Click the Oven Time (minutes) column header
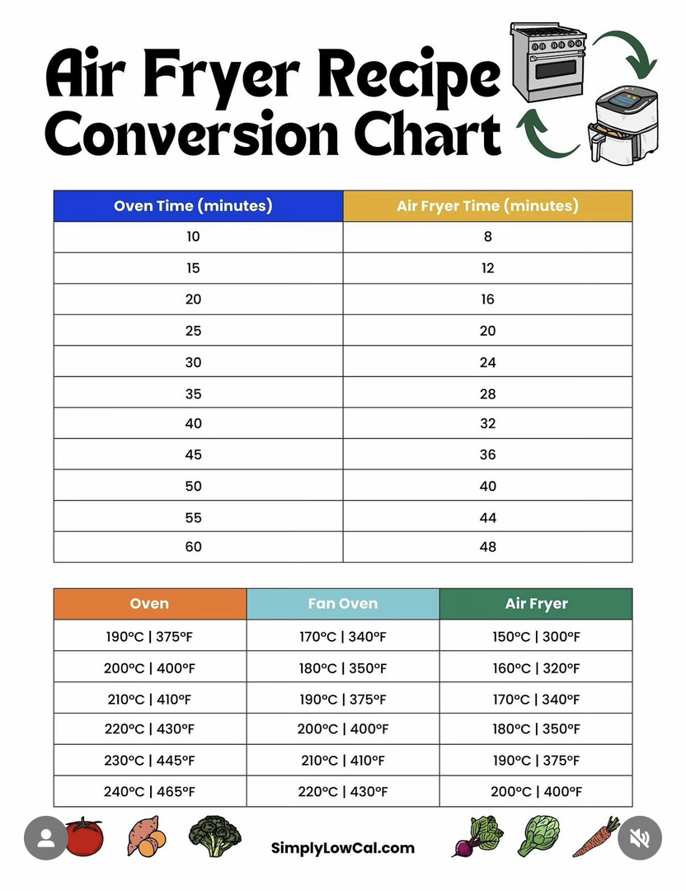click(193, 206)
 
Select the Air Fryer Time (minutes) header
click(487, 206)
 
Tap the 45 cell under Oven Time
click(193, 455)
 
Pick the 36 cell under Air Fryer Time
click(487, 455)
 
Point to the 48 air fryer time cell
click(487, 547)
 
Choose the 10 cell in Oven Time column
click(193, 237)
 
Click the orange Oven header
click(149, 604)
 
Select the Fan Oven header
click(342, 604)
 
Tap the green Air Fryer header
click(536, 604)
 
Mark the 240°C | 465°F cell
click(149, 792)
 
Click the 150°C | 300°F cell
click(536, 637)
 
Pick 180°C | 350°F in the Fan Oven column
click(342, 668)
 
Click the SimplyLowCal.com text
click(342, 848)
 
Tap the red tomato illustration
click(84, 837)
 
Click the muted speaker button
click(639, 838)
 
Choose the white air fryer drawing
click(625, 124)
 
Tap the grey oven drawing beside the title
click(547, 62)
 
